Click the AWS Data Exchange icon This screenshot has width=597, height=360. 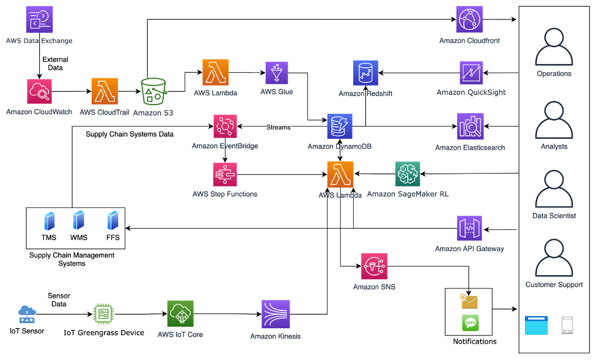(40, 19)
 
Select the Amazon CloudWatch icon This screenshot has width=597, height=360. (40, 92)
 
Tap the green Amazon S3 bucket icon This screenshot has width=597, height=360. (153, 92)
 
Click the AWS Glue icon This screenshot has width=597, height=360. (277, 73)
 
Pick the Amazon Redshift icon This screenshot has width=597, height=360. (365, 73)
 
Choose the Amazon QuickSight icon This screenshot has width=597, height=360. (471, 73)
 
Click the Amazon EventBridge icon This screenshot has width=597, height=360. (225, 127)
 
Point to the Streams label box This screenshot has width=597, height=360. (278, 127)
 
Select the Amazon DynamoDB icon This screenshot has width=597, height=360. (340, 127)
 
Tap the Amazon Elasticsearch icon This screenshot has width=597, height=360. (470, 126)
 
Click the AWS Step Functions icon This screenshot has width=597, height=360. (225, 175)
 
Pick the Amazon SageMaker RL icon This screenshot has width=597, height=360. (408, 174)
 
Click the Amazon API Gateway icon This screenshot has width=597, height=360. (469, 229)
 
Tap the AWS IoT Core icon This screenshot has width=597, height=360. (180, 314)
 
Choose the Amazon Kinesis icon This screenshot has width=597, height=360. (276, 314)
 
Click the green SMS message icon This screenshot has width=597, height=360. (470, 323)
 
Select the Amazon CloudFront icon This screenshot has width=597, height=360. (469, 20)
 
